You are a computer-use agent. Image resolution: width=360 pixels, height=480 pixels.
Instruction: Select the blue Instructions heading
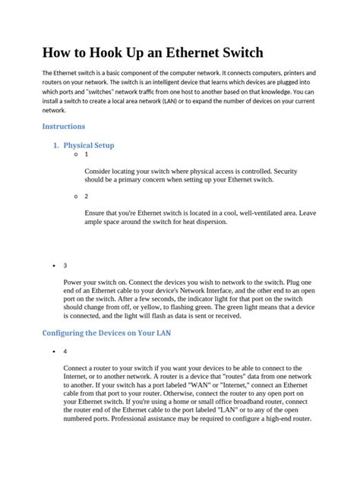click(x=63, y=126)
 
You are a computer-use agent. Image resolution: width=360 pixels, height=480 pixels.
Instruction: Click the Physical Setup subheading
click(x=89, y=144)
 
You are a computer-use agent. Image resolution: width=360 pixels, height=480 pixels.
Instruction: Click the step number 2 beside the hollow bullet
click(x=87, y=196)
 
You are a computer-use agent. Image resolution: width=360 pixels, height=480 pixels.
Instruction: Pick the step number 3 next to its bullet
click(x=65, y=266)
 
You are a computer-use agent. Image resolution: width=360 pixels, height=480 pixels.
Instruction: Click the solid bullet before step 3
click(x=51, y=266)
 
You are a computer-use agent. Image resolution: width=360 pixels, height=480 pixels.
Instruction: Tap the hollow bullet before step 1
click(x=77, y=154)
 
